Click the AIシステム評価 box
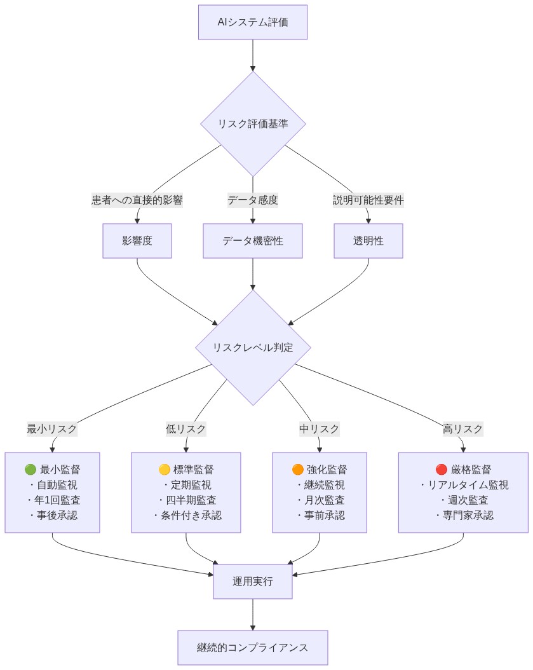click(253, 22)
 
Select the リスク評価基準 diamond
click(253, 124)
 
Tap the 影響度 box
click(137, 241)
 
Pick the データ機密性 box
click(253, 241)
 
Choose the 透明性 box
click(368, 241)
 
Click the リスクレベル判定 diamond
click(253, 348)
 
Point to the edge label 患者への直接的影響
click(137, 200)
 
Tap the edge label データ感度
click(253, 200)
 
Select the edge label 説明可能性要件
click(368, 200)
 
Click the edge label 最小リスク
click(52, 429)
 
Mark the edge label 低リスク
click(186, 429)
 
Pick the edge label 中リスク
click(320, 429)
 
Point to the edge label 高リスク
click(463, 429)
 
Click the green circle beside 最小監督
click(30, 470)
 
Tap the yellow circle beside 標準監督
click(164, 470)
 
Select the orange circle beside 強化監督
click(297, 470)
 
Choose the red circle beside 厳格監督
click(441, 470)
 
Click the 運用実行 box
click(253, 581)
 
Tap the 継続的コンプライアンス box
click(253, 648)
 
